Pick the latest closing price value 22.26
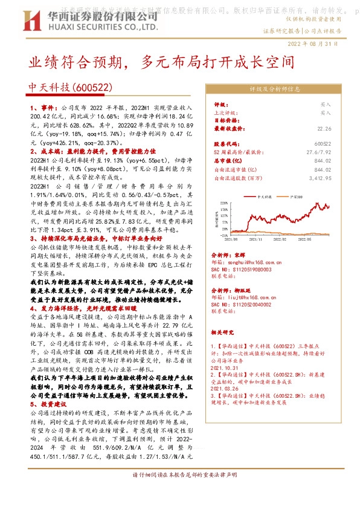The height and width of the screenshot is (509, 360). (324, 128)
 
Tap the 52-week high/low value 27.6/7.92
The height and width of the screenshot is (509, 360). (320, 153)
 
